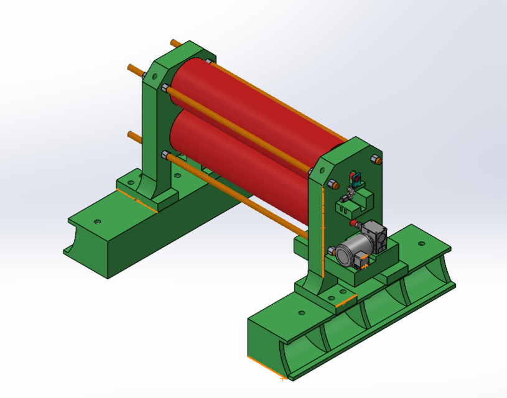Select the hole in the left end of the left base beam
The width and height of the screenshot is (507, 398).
pyautogui.click(x=96, y=221)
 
